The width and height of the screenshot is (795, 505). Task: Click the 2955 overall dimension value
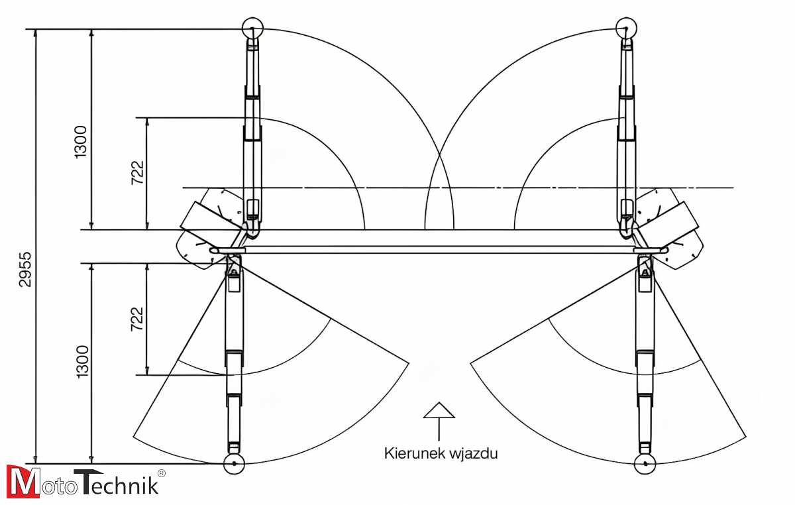pyautogui.click(x=25, y=269)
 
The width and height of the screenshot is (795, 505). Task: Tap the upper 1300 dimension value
pyautogui.click(x=80, y=141)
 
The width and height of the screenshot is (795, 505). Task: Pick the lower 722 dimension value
pyautogui.click(x=137, y=318)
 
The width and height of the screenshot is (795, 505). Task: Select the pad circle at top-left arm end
pyautogui.click(x=252, y=28)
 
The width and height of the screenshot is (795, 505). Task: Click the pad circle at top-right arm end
pyautogui.click(x=625, y=28)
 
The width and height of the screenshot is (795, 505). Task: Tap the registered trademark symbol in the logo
pyautogui.click(x=162, y=473)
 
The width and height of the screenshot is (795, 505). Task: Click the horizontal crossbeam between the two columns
pyautogui.click(x=437, y=250)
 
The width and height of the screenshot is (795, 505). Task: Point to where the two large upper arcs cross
pyautogui.click(x=439, y=156)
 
